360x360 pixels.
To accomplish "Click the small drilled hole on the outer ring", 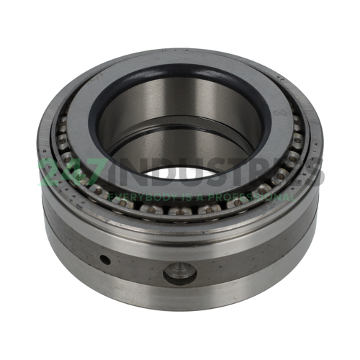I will coord(106,259).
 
